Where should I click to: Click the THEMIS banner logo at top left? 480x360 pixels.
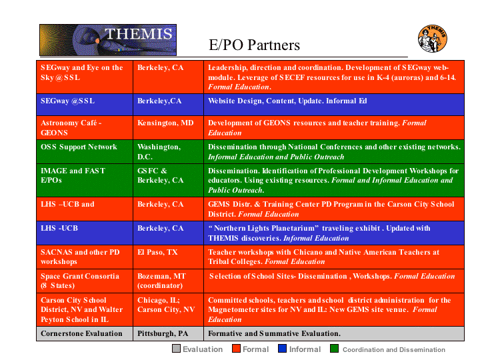point(108,40)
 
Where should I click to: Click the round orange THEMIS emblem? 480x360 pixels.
point(433,39)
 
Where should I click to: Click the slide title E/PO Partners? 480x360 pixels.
point(254,45)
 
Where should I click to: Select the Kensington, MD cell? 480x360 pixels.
point(169,127)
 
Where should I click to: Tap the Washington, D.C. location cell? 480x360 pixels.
point(169,151)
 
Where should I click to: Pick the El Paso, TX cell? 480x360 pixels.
point(169,257)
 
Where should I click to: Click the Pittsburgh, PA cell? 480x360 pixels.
point(169,333)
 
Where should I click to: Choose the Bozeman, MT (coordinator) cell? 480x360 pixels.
point(169,281)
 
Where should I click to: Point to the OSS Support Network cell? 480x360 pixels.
point(85,151)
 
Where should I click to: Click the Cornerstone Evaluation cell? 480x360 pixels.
point(85,333)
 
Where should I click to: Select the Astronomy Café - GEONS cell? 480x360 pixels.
point(85,127)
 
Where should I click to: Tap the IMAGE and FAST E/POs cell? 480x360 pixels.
point(85,180)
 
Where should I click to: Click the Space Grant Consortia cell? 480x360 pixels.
point(85,281)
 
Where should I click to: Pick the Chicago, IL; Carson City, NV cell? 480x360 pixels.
point(169,309)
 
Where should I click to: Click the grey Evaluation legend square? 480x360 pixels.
point(176,349)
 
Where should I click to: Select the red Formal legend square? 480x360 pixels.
point(236,349)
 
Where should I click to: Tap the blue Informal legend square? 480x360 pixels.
point(282,349)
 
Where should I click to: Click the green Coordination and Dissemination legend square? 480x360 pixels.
point(334,349)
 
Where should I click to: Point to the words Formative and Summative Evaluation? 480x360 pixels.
point(274,333)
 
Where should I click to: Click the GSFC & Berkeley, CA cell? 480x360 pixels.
point(169,180)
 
